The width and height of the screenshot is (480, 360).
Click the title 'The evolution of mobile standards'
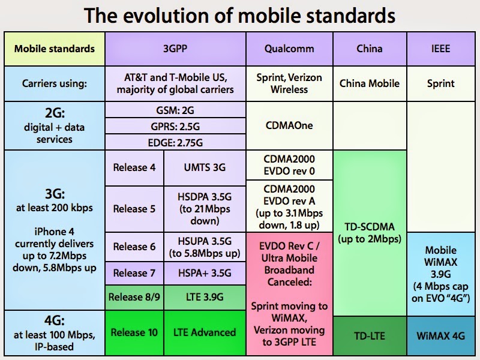240,15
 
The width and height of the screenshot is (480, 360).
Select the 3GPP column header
175,49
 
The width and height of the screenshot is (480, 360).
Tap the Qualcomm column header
289,49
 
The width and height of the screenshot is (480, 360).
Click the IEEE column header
441,49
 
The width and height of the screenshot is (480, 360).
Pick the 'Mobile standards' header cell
55,49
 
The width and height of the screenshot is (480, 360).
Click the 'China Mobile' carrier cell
369,83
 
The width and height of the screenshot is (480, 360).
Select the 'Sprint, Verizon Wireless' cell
289,83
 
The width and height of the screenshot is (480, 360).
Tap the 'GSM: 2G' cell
175,110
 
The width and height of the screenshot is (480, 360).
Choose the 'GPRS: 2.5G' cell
175,126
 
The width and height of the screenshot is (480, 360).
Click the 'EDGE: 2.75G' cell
175,142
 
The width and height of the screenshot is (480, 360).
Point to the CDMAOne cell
289,126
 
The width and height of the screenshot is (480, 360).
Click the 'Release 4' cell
134,167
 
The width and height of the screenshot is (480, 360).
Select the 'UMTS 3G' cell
205,167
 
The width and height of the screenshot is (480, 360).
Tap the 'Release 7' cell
134,273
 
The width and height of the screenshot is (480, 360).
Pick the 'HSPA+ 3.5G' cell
205,273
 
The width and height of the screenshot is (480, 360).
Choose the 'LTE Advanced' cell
205,332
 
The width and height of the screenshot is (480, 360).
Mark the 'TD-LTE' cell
369,335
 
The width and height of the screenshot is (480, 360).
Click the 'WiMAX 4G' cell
441,335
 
